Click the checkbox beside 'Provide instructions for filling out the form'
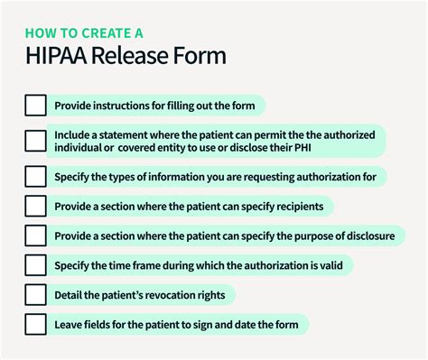35,106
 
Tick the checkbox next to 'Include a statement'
35,140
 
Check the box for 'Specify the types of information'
35,175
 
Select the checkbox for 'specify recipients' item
35,206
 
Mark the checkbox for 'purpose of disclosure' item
35,235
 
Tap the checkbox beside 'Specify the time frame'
35,265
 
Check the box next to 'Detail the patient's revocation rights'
35,294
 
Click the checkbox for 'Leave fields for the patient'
35,324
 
